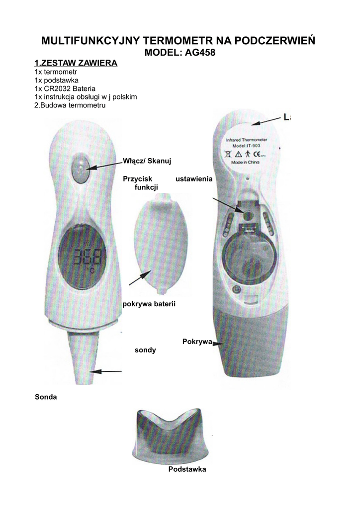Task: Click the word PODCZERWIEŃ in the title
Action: [x=266, y=40]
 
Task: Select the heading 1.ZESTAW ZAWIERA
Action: [x=76, y=63]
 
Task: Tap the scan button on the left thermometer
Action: [x=80, y=168]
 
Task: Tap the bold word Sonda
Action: [x=46, y=397]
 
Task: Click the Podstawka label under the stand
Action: [x=186, y=469]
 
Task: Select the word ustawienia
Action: [x=194, y=178]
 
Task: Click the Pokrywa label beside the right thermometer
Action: [x=197, y=341]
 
